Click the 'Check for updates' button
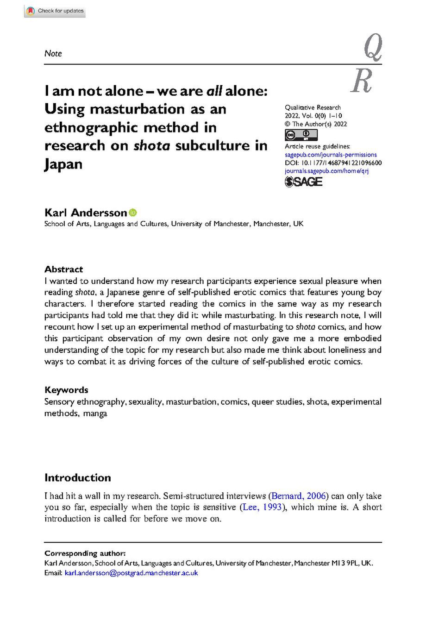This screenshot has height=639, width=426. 55,11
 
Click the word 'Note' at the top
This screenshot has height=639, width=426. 53,54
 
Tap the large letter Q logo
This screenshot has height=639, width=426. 373,48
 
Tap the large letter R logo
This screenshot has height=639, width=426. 362,81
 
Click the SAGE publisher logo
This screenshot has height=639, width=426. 303,182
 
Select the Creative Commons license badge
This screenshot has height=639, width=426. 301,135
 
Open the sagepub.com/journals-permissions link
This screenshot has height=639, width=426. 331,155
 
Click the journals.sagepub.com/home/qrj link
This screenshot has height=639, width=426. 326,171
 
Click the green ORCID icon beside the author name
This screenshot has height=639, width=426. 133,213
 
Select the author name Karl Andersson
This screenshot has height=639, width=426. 85,213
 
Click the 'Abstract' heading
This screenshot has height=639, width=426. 63,269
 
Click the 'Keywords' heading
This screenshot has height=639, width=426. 66,390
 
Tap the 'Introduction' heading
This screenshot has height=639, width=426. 77,478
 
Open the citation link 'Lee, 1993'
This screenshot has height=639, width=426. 262,507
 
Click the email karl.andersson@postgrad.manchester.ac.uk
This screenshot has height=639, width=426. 131,573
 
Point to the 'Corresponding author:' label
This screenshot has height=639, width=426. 85,553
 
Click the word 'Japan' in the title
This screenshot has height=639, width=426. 63,164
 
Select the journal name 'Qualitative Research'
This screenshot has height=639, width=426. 313,107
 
